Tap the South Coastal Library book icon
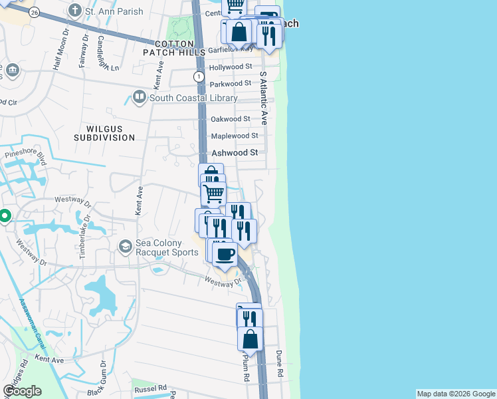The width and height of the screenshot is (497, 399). click(x=140, y=98)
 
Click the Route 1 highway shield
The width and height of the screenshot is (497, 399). click(x=199, y=76)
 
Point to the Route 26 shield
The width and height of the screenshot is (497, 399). click(x=35, y=13)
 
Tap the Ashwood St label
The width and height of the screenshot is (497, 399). click(x=235, y=152)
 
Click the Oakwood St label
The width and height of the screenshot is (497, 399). click(x=230, y=119)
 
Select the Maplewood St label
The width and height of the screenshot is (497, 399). click(x=234, y=136)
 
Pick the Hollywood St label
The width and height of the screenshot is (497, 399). click(x=231, y=67)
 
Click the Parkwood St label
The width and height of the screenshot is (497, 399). click(x=230, y=84)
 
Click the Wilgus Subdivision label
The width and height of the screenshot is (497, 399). click(x=110, y=132)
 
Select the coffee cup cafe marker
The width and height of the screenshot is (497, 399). click(x=226, y=253)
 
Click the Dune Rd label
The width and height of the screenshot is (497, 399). click(x=280, y=364)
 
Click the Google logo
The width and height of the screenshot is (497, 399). click(x=22, y=391)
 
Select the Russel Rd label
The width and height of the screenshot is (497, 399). click(x=149, y=388)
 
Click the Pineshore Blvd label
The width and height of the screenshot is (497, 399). click(x=27, y=158)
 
